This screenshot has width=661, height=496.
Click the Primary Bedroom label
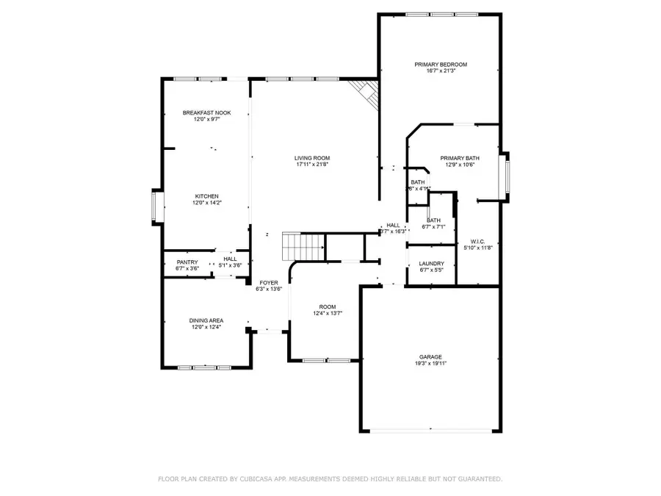point(441,65)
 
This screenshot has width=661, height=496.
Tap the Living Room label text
point(312,158)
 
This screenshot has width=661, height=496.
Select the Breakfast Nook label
point(207,112)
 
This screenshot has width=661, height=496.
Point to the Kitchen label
point(206,196)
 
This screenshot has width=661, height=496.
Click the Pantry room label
point(187,262)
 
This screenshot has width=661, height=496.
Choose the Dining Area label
point(206,320)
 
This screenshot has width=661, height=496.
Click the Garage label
point(431,357)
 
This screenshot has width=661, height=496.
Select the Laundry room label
point(431,263)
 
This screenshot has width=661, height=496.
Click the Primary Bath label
point(460,158)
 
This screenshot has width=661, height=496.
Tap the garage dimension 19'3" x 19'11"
point(431,364)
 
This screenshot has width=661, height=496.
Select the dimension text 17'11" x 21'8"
point(312,165)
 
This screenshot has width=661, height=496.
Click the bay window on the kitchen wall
point(155,206)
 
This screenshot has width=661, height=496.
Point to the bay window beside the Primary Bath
point(505,176)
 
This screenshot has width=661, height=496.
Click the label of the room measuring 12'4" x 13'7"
point(327,306)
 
